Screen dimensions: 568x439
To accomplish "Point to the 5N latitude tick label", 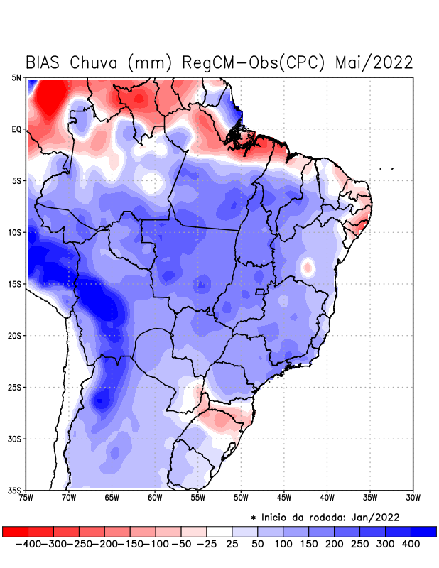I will click(16, 77).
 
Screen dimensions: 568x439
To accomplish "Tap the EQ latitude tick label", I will click(16, 129).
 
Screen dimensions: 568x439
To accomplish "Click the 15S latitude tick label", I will click(15, 284).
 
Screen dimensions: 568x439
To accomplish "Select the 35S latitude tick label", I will click(15, 490).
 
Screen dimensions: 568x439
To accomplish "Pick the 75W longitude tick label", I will click(27, 498).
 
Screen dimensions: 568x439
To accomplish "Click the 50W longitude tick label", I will click(241, 498).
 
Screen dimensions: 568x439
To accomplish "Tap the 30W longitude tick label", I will click(413, 498).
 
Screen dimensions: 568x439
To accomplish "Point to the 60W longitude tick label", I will click(155, 498).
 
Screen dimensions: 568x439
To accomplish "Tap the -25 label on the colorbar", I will click(207, 544).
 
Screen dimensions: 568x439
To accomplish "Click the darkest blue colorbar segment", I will click(423, 531).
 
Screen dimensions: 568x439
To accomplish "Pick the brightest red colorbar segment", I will click(15, 531).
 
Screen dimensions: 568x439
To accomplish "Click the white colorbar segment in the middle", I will click(220, 531).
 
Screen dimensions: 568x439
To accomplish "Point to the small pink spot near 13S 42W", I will click(308, 268).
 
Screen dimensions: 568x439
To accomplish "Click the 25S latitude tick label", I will click(15, 387).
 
